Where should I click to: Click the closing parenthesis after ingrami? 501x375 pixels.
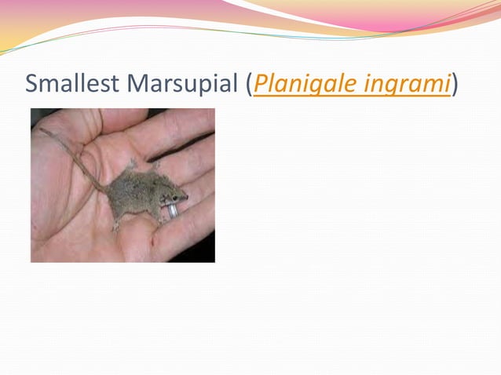click(455, 84)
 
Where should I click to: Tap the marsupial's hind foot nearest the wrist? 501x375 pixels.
click(116, 227)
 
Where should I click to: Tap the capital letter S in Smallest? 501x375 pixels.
click(32, 83)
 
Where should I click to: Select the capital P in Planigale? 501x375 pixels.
click(261, 83)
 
